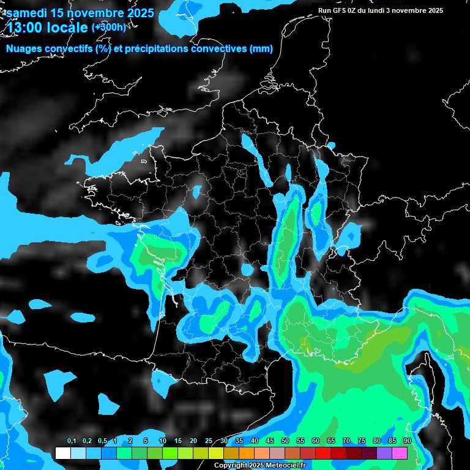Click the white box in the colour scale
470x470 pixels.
tap(62, 453)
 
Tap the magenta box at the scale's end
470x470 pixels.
tap(400, 453)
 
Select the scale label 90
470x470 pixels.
tap(407, 441)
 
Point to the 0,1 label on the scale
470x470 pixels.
tap(72, 441)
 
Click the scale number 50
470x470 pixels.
tap(285, 441)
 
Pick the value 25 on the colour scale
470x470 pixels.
tap(209, 441)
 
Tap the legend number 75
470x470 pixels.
tap(362, 441)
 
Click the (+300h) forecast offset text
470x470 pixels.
tap(110, 28)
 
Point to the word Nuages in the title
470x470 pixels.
tap(24, 49)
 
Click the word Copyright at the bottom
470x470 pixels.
tap(231, 466)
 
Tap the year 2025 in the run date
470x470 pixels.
tap(435, 10)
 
